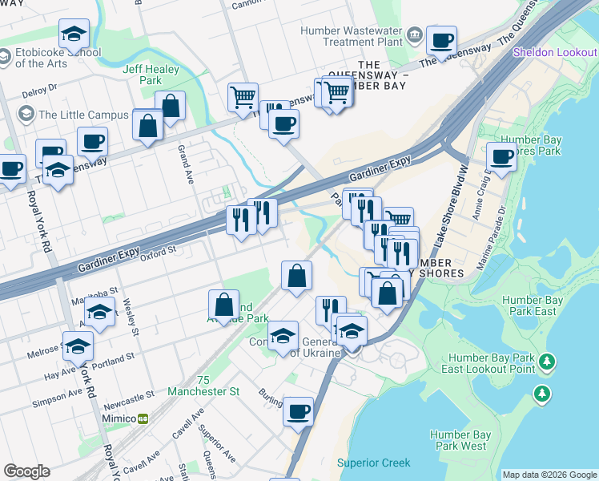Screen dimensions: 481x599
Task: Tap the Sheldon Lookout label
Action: (555, 53)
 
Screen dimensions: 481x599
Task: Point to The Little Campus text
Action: (83, 115)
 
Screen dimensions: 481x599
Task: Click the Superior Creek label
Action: (373, 463)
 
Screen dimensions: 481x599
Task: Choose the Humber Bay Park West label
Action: (458, 440)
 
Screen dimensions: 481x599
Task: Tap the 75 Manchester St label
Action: (203, 386)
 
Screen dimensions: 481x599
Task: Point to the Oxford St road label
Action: (158, 251)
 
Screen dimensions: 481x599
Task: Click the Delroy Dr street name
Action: (40, 88)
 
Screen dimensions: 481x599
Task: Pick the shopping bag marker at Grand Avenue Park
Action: (223, 303)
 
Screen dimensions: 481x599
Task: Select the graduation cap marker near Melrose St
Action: (78, 346)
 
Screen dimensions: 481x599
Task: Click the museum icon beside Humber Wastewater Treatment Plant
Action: (415, 34)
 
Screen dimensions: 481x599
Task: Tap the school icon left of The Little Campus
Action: (26, 115)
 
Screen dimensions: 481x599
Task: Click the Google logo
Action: (26, 471)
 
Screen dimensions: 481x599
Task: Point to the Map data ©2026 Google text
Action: (549, 475)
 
